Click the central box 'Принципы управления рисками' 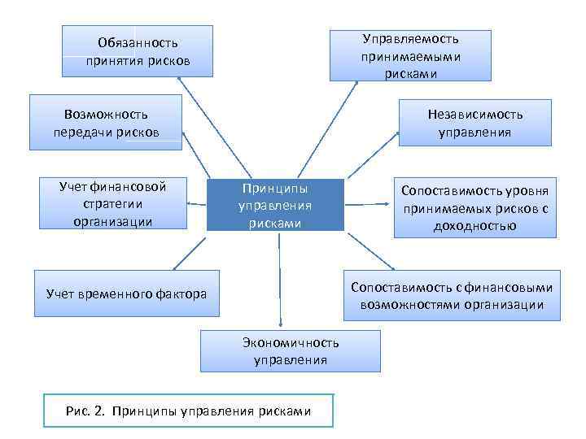point(275,205)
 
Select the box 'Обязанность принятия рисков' point(138,51)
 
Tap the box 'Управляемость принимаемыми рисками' point(410,55)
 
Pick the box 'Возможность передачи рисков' point(106,123)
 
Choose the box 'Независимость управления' point(474,123)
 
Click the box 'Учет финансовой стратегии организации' point(112,204)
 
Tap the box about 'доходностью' point(474,208)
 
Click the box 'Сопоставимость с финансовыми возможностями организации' point(452,296)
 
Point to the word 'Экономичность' point(291,343)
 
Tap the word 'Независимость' point(475,114)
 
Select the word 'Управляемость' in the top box point(411,39)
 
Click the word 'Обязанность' point(138,42)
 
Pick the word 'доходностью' point(475,226)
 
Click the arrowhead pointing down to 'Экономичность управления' point(280,324)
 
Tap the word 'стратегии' point(112,204)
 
